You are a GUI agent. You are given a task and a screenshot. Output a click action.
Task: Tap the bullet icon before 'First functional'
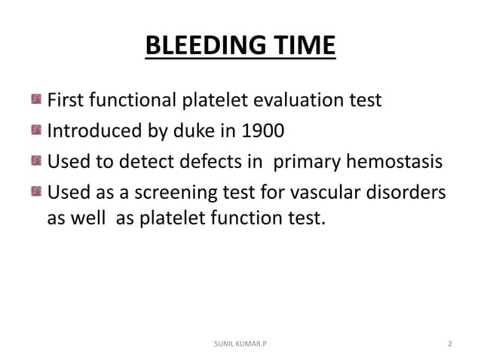[x=36, y=100]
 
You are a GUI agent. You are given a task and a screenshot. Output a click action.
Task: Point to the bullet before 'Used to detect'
[x=36, y=162]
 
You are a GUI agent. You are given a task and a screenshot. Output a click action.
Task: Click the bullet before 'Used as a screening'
[x=36, y=193]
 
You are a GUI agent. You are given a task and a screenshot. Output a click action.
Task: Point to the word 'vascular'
[x=337, y=193]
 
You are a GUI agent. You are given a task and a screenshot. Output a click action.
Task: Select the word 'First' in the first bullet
[x=65, y=100]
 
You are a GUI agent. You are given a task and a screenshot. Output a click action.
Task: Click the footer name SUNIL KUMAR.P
[x=240, y=343]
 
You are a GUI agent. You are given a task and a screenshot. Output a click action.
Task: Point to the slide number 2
[x=449, y=343]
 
